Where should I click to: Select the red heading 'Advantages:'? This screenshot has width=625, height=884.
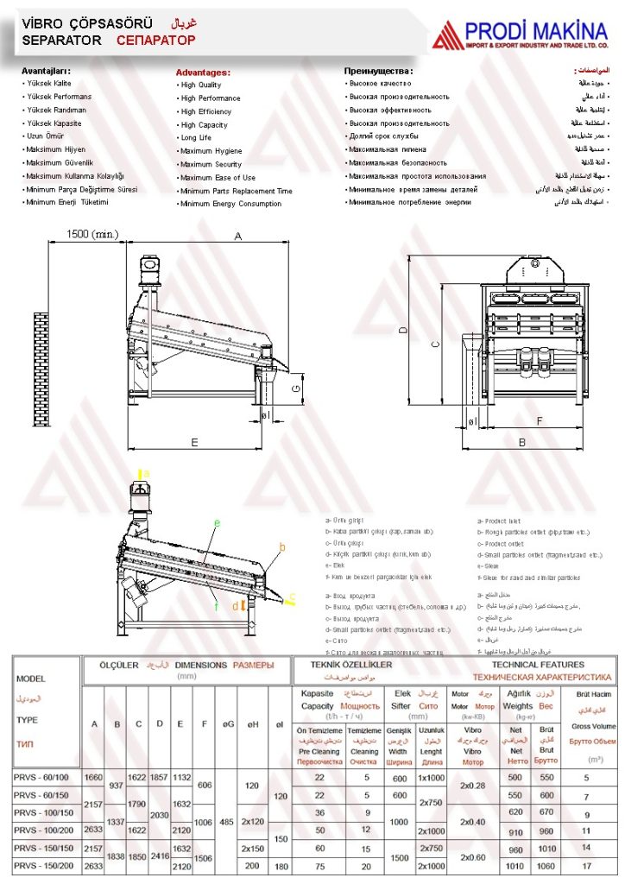coord(203,73)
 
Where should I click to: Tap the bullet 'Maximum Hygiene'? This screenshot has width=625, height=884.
coord(211,151)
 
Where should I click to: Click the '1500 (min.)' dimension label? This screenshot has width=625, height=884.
coord(92,235)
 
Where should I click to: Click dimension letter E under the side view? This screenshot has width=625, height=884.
coord(194,442)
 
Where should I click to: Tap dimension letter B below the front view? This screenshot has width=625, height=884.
coord(521,442)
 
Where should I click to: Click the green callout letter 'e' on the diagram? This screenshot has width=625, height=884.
coord(217,523)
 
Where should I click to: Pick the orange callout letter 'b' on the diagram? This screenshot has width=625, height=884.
coord(281,547)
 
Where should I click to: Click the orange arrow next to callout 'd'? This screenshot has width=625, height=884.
coord(243,605)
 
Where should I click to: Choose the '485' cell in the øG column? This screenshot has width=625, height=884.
coord(227,821)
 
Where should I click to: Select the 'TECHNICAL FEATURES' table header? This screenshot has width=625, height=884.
coord(538,665)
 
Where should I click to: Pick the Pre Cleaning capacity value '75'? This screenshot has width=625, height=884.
coord(319,864)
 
